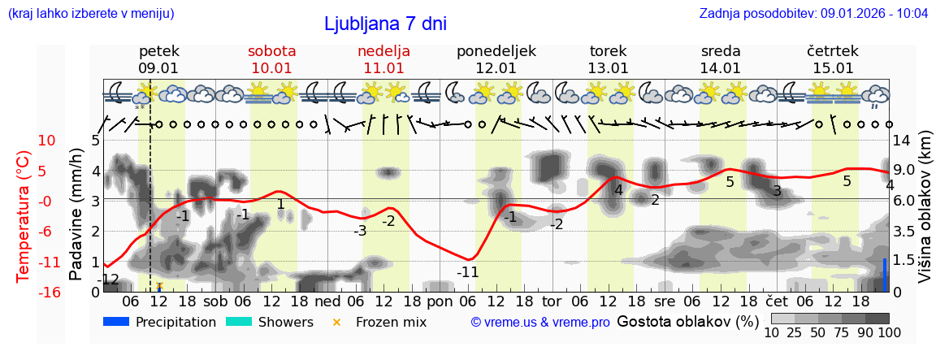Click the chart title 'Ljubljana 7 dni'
385,24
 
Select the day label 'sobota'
271,51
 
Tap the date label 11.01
383,68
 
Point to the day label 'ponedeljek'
496,51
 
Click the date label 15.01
833,68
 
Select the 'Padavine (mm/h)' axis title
76,215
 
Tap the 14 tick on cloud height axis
903,141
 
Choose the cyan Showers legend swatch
239,322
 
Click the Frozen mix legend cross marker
336,323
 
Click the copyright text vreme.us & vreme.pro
540,323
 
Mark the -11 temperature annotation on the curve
467,272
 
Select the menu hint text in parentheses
91,14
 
